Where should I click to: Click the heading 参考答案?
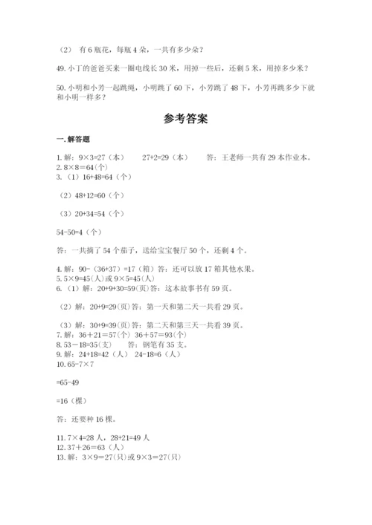coord(186,118)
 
